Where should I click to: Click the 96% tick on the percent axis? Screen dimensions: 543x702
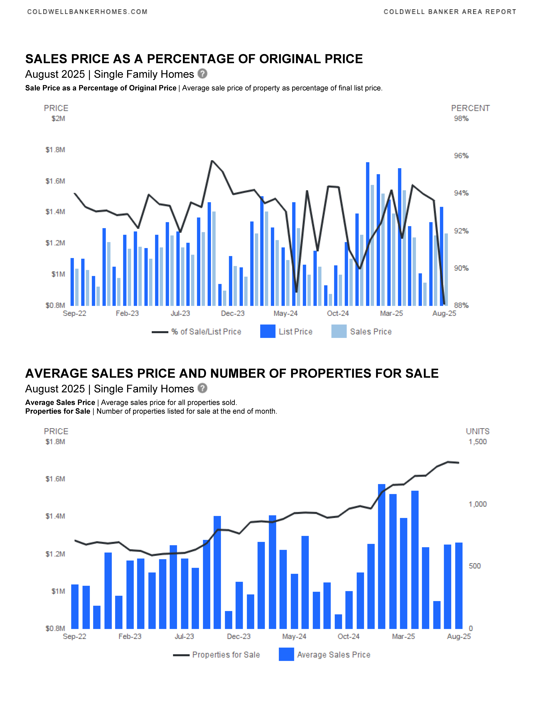461,156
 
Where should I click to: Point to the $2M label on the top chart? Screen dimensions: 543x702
58,119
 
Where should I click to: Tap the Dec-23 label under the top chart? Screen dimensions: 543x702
233,313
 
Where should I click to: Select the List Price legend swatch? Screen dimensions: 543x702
268,331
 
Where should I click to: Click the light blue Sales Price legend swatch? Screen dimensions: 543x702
339,331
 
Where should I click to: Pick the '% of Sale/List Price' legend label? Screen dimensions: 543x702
206,332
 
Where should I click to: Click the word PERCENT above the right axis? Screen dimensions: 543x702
470,108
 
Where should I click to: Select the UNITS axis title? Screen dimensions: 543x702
478,431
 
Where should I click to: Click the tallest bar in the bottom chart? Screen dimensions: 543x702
381,556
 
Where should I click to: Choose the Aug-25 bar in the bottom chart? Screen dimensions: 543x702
459,586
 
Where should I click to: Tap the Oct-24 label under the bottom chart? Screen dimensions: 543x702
348,636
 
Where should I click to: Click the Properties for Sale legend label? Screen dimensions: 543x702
226,655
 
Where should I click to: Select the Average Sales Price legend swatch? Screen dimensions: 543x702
286,654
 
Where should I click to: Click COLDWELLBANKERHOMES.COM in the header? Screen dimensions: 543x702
88,12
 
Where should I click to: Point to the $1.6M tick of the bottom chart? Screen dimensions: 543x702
55,479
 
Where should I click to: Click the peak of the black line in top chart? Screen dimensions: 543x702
212,161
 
